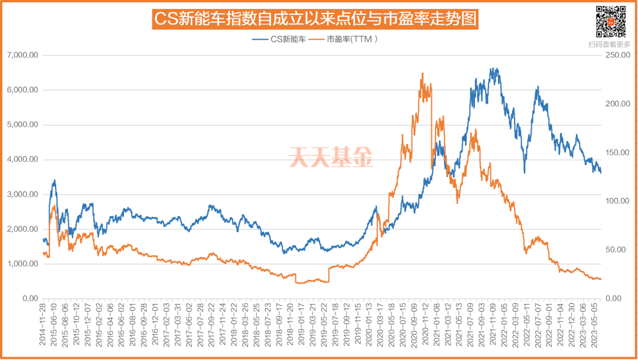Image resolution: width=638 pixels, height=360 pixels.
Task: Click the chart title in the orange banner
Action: [315, 19]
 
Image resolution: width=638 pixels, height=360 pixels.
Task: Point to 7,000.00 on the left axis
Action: [22, 55]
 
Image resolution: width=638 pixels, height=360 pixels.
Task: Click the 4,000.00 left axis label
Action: [22, 160]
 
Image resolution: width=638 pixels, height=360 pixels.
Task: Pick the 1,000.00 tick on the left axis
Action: [22, 264]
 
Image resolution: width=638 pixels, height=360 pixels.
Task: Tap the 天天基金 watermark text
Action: [331, 157]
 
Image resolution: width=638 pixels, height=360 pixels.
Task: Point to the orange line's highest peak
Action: [422, 73]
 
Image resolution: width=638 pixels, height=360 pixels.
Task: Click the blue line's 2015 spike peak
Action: [55, 180]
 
